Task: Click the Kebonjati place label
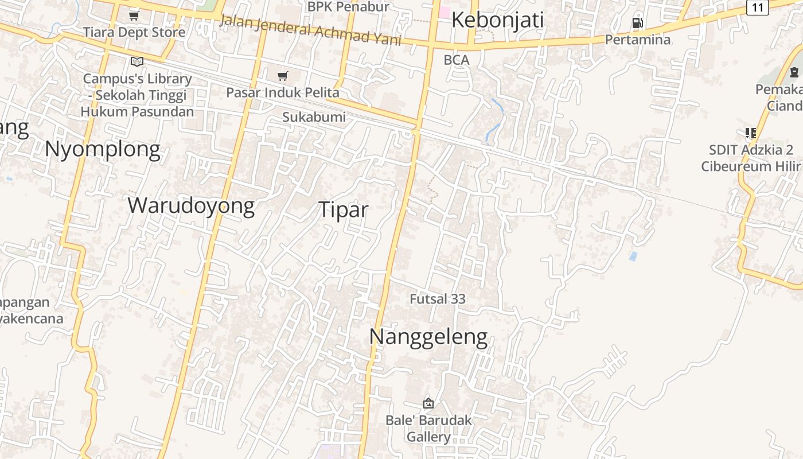tap(497, 20)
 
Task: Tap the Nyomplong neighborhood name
tap(102, 149)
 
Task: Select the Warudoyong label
tap(191, 205)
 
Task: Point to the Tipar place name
tap(343, 210)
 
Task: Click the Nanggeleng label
tap(428, 337)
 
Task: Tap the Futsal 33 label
tap(437, 299)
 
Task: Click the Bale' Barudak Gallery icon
tap(428, 403)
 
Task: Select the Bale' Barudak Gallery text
tap(428, 428)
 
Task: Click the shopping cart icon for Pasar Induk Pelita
tap(282, 76)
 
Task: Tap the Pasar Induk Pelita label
tap(282, 92)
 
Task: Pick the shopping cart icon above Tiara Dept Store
tap(134, 15)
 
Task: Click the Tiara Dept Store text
tap(134, 32)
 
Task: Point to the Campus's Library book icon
tap(137, 61)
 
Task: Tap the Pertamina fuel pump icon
tap(637, 23)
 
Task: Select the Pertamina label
tap(638, 40)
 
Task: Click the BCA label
tap(457, 60)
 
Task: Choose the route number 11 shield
tap(758, 7)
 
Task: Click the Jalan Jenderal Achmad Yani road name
tap(319, 29)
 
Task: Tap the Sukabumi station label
tap(314, 117)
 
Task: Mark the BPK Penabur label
tap(348, 7)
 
